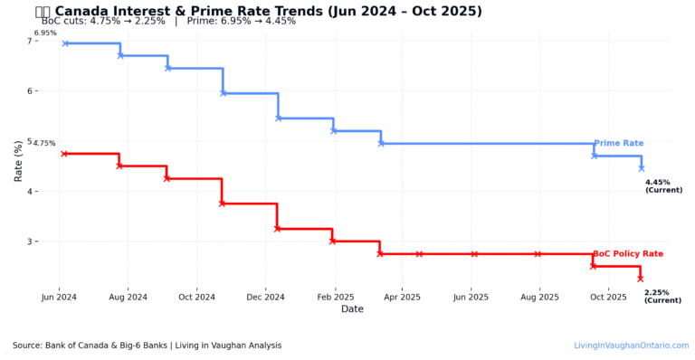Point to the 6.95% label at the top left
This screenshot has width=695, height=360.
pos(45,33)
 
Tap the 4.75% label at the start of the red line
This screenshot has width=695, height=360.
pos(43,144)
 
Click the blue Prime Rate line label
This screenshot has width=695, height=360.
pos(619,143)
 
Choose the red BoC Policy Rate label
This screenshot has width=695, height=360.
pos(628,254)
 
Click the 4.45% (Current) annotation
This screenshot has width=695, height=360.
pos(663,186)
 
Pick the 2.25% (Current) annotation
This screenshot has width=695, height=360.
pos(662,297)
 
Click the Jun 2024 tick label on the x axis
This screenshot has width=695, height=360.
pos(60,297)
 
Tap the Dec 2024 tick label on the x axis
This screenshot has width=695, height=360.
pos(265,297)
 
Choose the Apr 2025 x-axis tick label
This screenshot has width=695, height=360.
pos(403,297)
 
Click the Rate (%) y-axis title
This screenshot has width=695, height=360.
pos(18,161)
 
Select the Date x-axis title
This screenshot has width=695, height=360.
pos(352,309)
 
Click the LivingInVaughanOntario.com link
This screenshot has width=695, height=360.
pos(632,346)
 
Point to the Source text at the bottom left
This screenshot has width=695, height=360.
pos(147,346)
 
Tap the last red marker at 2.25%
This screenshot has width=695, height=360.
pos(640,279)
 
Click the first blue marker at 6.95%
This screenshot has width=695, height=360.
pos(65,43)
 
